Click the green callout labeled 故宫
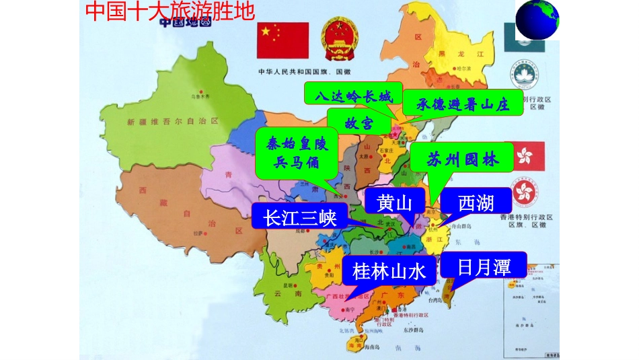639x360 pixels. point(359,123)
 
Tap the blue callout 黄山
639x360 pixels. point(394,203)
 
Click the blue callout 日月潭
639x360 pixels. point(483,267)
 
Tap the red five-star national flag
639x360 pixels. point(283,40)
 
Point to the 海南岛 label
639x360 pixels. point(373,349)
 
